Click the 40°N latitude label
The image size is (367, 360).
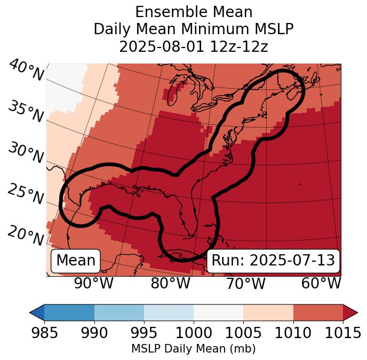pos(26,71)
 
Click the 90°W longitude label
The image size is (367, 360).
pos(94,283)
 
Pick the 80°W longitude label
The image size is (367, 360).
pos(170,283)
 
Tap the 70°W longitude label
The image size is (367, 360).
pos(245,283)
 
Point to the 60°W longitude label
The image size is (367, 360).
pos(321,283)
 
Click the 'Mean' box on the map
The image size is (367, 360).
pos(76,261)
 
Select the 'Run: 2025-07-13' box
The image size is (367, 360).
pos(273,261)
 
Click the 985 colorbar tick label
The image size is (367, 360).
pos(44,333)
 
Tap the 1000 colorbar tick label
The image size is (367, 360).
pos(194,333)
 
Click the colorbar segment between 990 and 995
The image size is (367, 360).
pos(119,312)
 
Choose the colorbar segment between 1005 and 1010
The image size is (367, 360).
pos(268,312)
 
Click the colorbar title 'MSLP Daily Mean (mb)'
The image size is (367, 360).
pos(193,349)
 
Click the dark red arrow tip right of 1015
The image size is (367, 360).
pos(350,312)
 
